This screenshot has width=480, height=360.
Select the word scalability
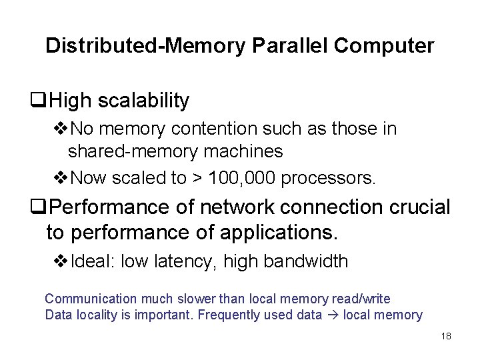click(143, 101)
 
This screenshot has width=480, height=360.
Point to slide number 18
click(446, 336)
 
